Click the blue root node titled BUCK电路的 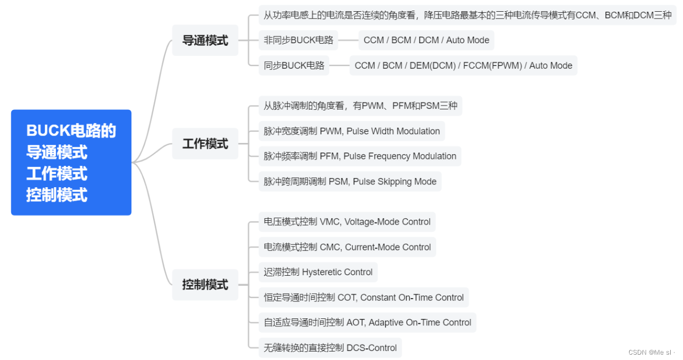71,162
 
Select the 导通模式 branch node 205,41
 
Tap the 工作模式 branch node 205,143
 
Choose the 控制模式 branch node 205,285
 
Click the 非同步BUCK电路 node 298,40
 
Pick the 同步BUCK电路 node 294,66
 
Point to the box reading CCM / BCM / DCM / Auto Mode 426,40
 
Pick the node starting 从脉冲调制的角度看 360,106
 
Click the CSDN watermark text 651,353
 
